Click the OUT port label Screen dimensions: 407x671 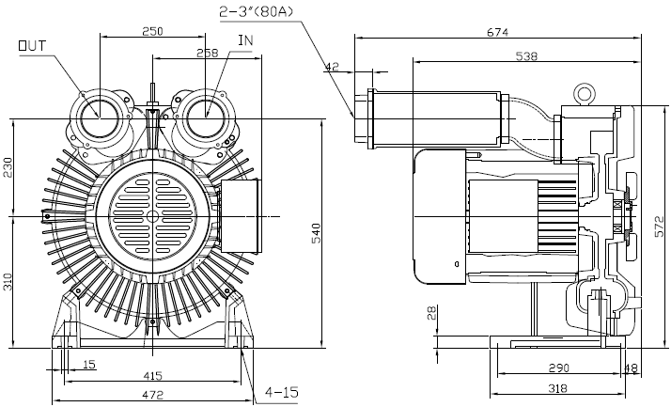click(31, 43)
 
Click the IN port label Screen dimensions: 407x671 click(245, 40)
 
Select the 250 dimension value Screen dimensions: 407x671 click(152, 31)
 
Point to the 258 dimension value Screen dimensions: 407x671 click(207, 54)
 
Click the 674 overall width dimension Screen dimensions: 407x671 click(497, 32)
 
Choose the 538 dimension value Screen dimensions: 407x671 click(526, 56)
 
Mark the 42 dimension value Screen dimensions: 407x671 click(331, 67)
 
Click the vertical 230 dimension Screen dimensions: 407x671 click(8, 167)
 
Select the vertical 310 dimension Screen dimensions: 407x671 click(8, 279)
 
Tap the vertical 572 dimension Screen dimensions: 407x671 click(660, 225)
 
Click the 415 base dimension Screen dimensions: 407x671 click(152, 375)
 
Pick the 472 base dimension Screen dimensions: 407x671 click(152, 396)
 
